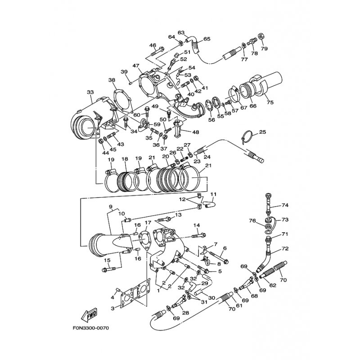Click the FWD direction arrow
pos(89,315)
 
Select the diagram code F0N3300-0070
pos(90,328)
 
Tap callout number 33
pos(90,92)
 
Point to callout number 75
pos(270,102)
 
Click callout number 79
pos(264,49)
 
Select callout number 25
pos(263,132)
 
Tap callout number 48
pos(196,132)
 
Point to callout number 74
pos(285,205)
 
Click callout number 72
pos(285,249)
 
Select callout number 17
pos(148,222)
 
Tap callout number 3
pos(112,308)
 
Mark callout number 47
pos(136,66)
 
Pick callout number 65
pos(207,39)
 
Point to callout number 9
pos(111,207)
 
